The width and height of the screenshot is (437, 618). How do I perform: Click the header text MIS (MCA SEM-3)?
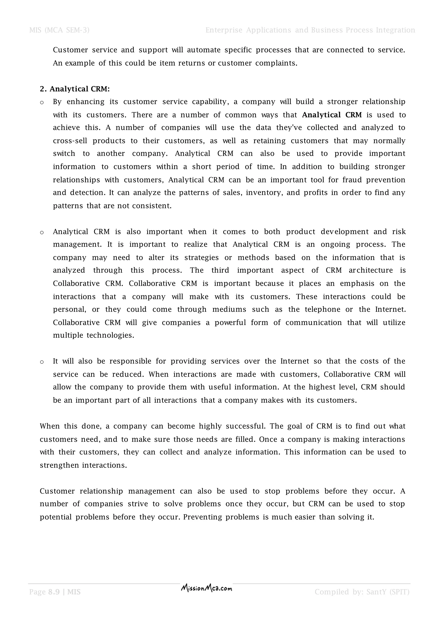59,30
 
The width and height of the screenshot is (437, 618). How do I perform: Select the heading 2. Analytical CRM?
75,89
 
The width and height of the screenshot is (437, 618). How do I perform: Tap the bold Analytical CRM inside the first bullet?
332,115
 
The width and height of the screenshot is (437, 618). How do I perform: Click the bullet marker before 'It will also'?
42,362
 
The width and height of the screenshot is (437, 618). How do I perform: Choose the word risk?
399,232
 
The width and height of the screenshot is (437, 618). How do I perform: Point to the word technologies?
110,335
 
